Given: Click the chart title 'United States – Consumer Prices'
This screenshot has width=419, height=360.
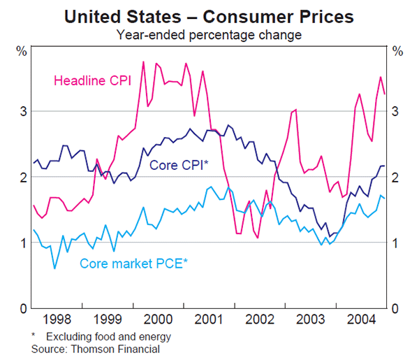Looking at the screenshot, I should click(209, 15).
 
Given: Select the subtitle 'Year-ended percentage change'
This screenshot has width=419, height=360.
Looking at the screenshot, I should click(209, 34).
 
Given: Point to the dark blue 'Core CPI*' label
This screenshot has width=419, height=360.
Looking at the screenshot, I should click(179, 166).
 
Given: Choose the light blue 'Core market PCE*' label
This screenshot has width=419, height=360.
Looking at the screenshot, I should click(134, 264).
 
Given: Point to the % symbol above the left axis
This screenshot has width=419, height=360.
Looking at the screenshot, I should click(21, 51).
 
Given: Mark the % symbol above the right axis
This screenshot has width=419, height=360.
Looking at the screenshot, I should click(398, 51).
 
